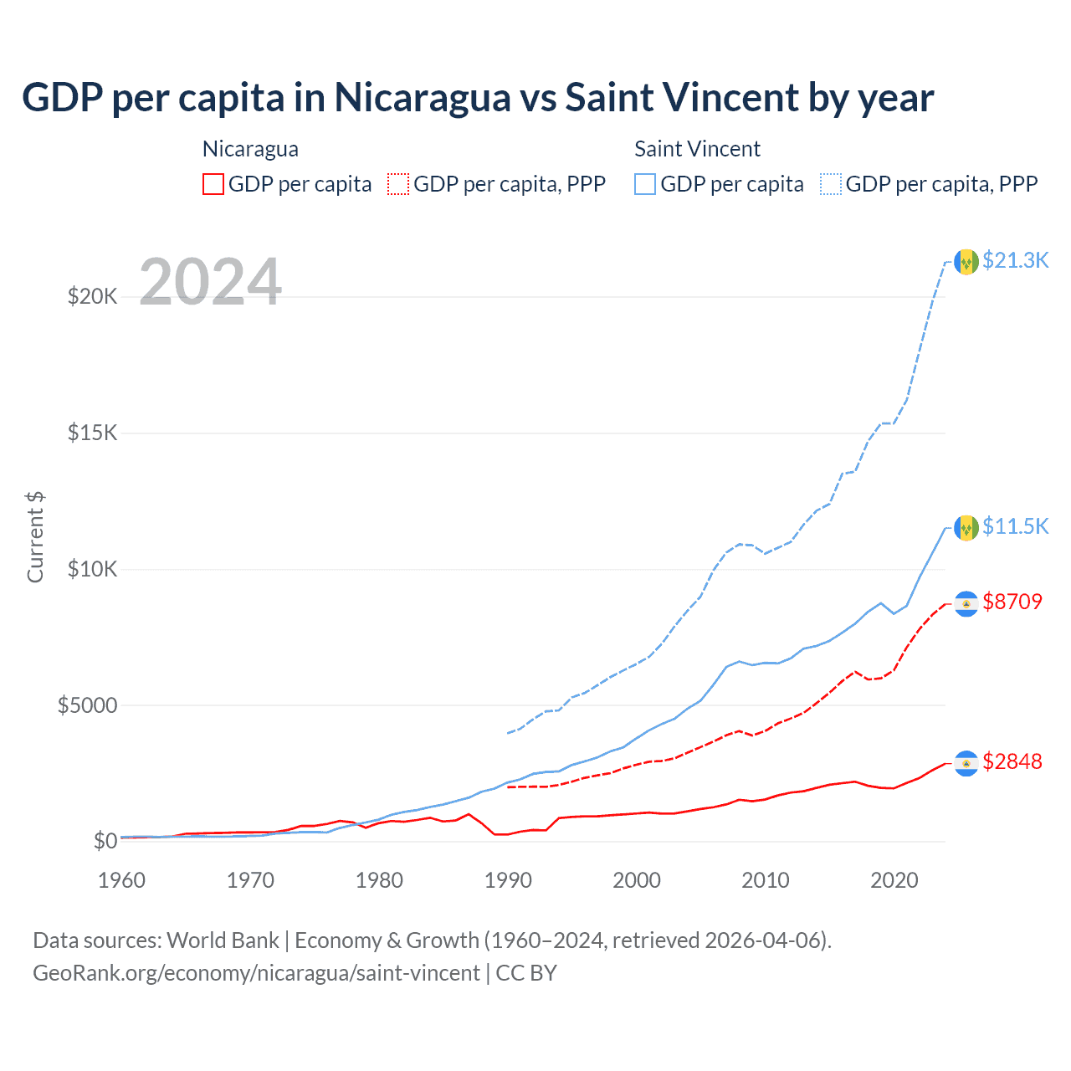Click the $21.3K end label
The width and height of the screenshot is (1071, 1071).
(1015, 260)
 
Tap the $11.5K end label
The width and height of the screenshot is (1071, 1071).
(1015, 526)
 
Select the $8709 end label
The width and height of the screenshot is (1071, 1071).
(1012, 602)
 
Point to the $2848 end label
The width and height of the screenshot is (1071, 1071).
(1012, 761)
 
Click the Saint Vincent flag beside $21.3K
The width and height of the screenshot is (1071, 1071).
(966, 262)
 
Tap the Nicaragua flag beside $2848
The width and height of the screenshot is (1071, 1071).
(966, 763)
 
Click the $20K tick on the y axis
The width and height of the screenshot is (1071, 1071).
(92, 296)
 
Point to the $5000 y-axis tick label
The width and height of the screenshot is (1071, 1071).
(87, 705)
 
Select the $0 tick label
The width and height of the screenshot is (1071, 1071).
(105, 841)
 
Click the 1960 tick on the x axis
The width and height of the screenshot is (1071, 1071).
(122, 880)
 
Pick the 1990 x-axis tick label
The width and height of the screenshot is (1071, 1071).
(508, 880)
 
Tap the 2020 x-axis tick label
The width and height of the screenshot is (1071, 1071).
(894, 880)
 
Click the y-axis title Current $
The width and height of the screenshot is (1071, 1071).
(35, 537)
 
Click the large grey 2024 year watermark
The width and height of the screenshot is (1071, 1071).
(210, 282)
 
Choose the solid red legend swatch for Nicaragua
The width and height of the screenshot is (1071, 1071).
(213, 184)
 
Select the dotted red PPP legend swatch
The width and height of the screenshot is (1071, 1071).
(398, 184)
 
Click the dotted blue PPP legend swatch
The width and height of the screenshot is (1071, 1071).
(831, 184)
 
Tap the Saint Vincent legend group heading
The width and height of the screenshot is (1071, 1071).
(697, 149)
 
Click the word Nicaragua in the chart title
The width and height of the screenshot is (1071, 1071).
(423, 98)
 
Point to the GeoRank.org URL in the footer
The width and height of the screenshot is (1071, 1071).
(256, 973)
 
